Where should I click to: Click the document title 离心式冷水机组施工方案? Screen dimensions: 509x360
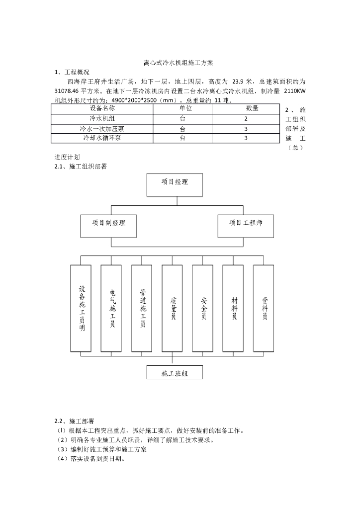(178, 64)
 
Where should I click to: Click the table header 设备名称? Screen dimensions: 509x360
(102, 108)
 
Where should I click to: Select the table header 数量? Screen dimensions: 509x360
(252, 108)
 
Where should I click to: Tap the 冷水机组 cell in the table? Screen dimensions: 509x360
(102, 119)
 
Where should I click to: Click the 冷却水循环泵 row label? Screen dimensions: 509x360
(102, 138)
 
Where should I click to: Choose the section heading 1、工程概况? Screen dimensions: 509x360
(72, 73)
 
